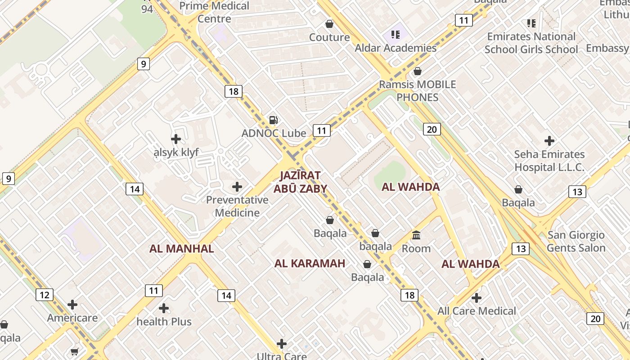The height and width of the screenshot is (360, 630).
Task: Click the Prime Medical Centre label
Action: point(214,12)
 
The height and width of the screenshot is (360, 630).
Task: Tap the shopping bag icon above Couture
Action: point(329,24)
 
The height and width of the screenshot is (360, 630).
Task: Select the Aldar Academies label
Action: point(396,48)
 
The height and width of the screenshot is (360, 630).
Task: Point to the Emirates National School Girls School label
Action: point(531,43)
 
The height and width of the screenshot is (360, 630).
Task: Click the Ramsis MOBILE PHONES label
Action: point(417,90)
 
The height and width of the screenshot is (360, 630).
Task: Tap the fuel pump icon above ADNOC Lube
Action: point(273,120)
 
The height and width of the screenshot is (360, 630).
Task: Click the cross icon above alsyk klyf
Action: point(176,139)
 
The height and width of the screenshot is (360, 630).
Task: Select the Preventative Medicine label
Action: point(237,206)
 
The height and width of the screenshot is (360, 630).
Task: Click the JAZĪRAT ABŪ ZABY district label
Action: point(300,182)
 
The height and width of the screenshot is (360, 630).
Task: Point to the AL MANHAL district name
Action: point(181,248)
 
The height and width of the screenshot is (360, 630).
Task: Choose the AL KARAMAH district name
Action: point(310,263)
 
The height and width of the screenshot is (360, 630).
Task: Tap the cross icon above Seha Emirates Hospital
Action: point(549,141)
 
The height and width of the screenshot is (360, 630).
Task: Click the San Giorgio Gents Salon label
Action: point(576,241)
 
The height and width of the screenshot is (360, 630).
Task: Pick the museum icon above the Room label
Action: point(416,235)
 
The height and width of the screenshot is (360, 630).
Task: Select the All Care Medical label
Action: point(477,311)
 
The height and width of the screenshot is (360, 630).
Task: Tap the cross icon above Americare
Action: point(72,305)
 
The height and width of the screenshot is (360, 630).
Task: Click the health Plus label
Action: point(164,321)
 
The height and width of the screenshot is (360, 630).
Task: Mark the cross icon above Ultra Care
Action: point(282,344)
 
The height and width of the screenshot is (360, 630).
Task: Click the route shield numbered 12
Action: point(44,295)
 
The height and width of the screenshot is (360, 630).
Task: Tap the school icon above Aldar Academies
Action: point(396,35)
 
